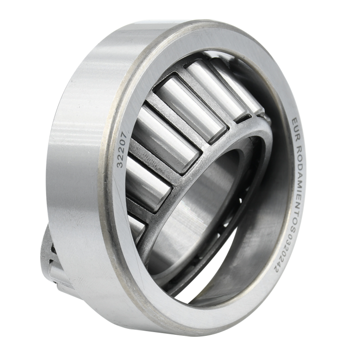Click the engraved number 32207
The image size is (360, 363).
click(122, 150)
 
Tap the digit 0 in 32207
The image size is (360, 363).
click(123, 143)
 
